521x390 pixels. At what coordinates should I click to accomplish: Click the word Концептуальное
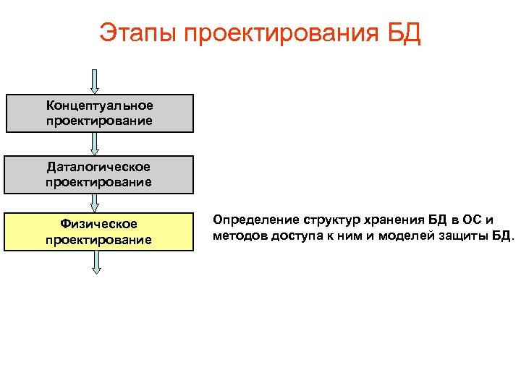click(x=99, y=106)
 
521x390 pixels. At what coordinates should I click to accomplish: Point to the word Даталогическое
click(x=99, y=168)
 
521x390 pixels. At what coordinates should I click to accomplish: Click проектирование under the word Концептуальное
click(x=99, y=121)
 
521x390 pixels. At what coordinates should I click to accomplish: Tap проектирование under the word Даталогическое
click(x=99, y=182)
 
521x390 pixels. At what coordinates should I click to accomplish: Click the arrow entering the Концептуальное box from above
click(x=96, y=81)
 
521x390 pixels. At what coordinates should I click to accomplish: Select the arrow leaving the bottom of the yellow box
click(x=96, y=261)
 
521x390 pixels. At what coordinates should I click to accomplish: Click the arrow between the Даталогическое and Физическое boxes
click(x=96, y=203)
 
